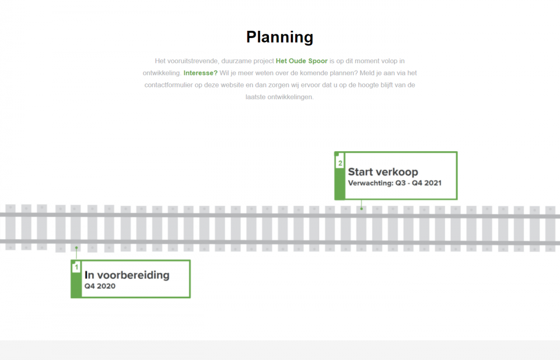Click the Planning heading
click(279, 38)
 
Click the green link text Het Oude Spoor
click(301, 61)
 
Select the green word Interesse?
click(200, 73)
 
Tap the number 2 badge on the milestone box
click(340, 163)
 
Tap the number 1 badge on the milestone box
click(76, 267)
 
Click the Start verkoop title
click(383, 172)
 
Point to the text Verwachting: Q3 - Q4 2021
click(395, 183)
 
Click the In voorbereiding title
click(127, 275)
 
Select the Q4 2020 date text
click(100, 286)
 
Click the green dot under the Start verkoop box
click(361, 209)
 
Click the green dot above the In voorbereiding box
click(76, 247)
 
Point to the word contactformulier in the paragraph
click(169, 85)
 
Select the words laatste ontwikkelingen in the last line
click(279, 97)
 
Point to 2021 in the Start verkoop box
click(433, 183)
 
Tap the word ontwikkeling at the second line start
click(162, 73)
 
